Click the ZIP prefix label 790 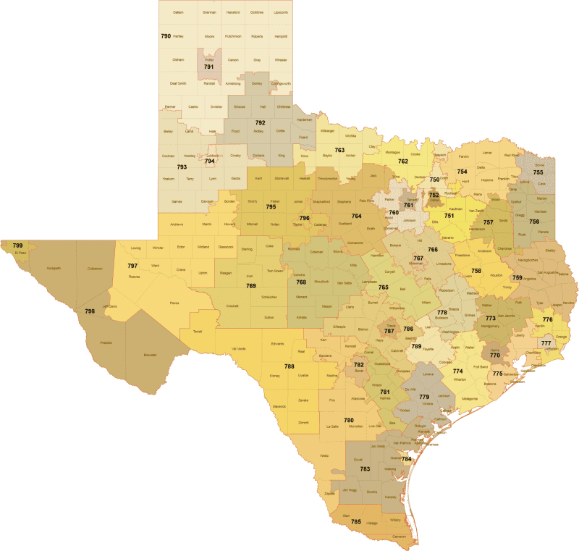click(x=166, y=35)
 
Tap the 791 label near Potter click(x=208, y=67)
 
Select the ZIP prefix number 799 click(x=17, y=246)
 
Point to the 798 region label click(x=90, y=311)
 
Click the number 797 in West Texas click(x=132, y=266)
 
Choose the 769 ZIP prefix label click(x=251, y=286)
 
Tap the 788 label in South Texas click(x=289, y=367)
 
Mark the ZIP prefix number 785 click(x=356, y=521)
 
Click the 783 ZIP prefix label click(x=365, y=469)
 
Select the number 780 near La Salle click(x=349, y=420)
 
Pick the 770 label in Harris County click(x=495, y=356)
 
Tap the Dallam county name click(x=178, y=12)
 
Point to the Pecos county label click(x=174, y=302)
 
